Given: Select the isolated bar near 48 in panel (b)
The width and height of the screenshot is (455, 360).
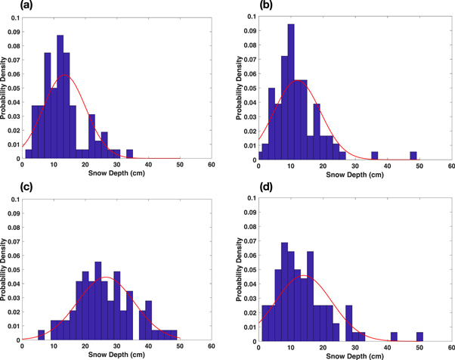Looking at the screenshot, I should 413,155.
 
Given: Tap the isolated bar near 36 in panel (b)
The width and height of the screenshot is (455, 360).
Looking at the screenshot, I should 374,155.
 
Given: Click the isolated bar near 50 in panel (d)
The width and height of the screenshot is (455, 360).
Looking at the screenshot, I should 419,336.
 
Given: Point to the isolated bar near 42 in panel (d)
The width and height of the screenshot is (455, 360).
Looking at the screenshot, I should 394,336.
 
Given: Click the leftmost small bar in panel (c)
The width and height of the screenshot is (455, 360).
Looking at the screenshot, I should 41,334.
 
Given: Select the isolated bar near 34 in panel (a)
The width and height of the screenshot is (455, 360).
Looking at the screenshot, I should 129,154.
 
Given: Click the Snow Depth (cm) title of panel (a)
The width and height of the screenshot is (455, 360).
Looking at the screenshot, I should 117,175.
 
